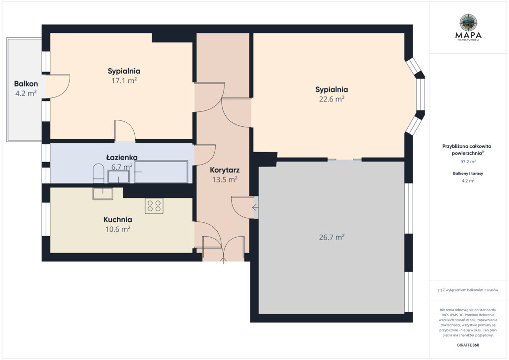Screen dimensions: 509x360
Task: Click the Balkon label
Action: point(26,84)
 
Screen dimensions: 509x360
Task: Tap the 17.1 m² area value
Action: point(124,81)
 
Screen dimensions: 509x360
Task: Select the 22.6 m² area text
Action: point(332,99)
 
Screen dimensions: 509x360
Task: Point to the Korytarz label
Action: point(225,170)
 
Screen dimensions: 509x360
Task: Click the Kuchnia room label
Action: point(117,219)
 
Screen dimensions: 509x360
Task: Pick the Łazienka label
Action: point(122,158)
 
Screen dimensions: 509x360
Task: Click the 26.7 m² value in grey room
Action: point(332,237)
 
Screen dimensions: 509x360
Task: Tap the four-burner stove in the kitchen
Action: point(154,206)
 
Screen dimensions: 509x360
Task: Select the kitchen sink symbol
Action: point(102,193)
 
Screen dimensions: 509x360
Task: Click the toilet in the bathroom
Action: point(98,174)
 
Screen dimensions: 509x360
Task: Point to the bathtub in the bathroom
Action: point(161,172)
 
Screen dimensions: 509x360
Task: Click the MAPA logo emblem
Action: point(468,22)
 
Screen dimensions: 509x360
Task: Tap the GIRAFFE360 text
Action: point(468,345)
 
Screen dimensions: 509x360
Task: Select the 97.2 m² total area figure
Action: point(468,161)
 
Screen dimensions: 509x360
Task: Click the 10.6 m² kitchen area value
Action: point(117,229)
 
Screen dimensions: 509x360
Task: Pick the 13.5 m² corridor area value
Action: point(225,180)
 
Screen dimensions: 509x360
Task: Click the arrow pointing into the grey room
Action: point(255,207)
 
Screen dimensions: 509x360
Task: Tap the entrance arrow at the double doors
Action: point(223,261)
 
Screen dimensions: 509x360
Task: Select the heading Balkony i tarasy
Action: point(468,174)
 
